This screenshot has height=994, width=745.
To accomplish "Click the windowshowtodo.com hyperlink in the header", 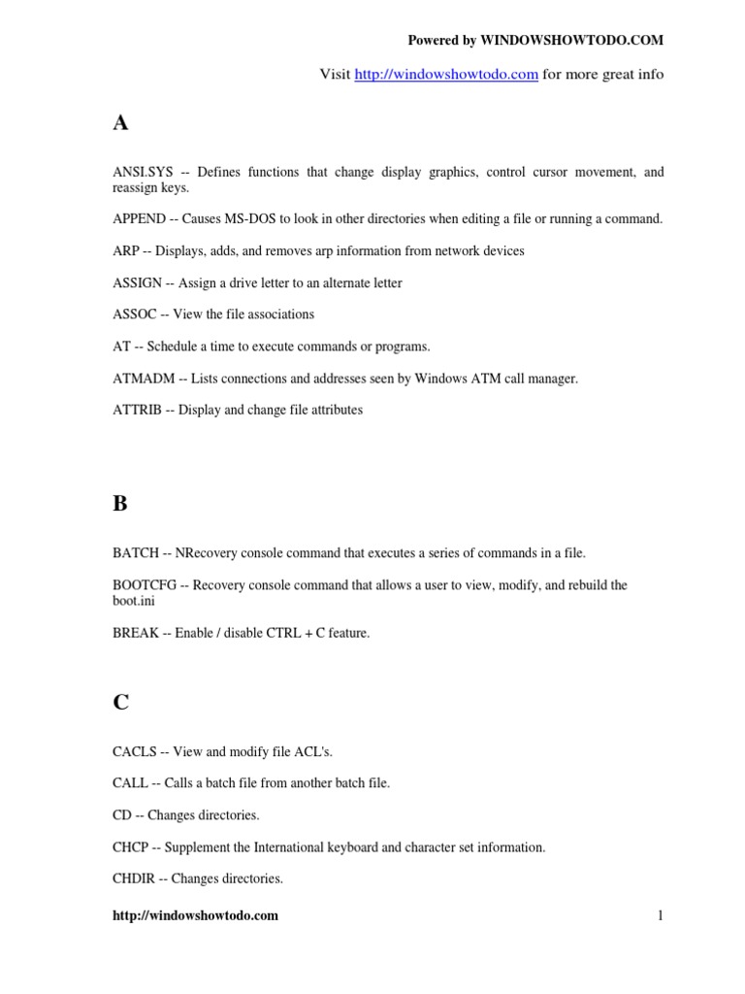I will click(446, 75).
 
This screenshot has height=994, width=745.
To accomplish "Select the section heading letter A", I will click(120, 123).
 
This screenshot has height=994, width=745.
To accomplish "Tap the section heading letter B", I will click(120, 504).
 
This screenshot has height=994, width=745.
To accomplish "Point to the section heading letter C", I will click(120, 703).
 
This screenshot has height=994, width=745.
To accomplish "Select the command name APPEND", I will click(140, 218).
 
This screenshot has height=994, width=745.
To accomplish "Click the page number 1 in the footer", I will click(660, 915).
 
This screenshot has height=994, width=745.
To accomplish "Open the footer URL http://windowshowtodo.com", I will click(195, 915).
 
